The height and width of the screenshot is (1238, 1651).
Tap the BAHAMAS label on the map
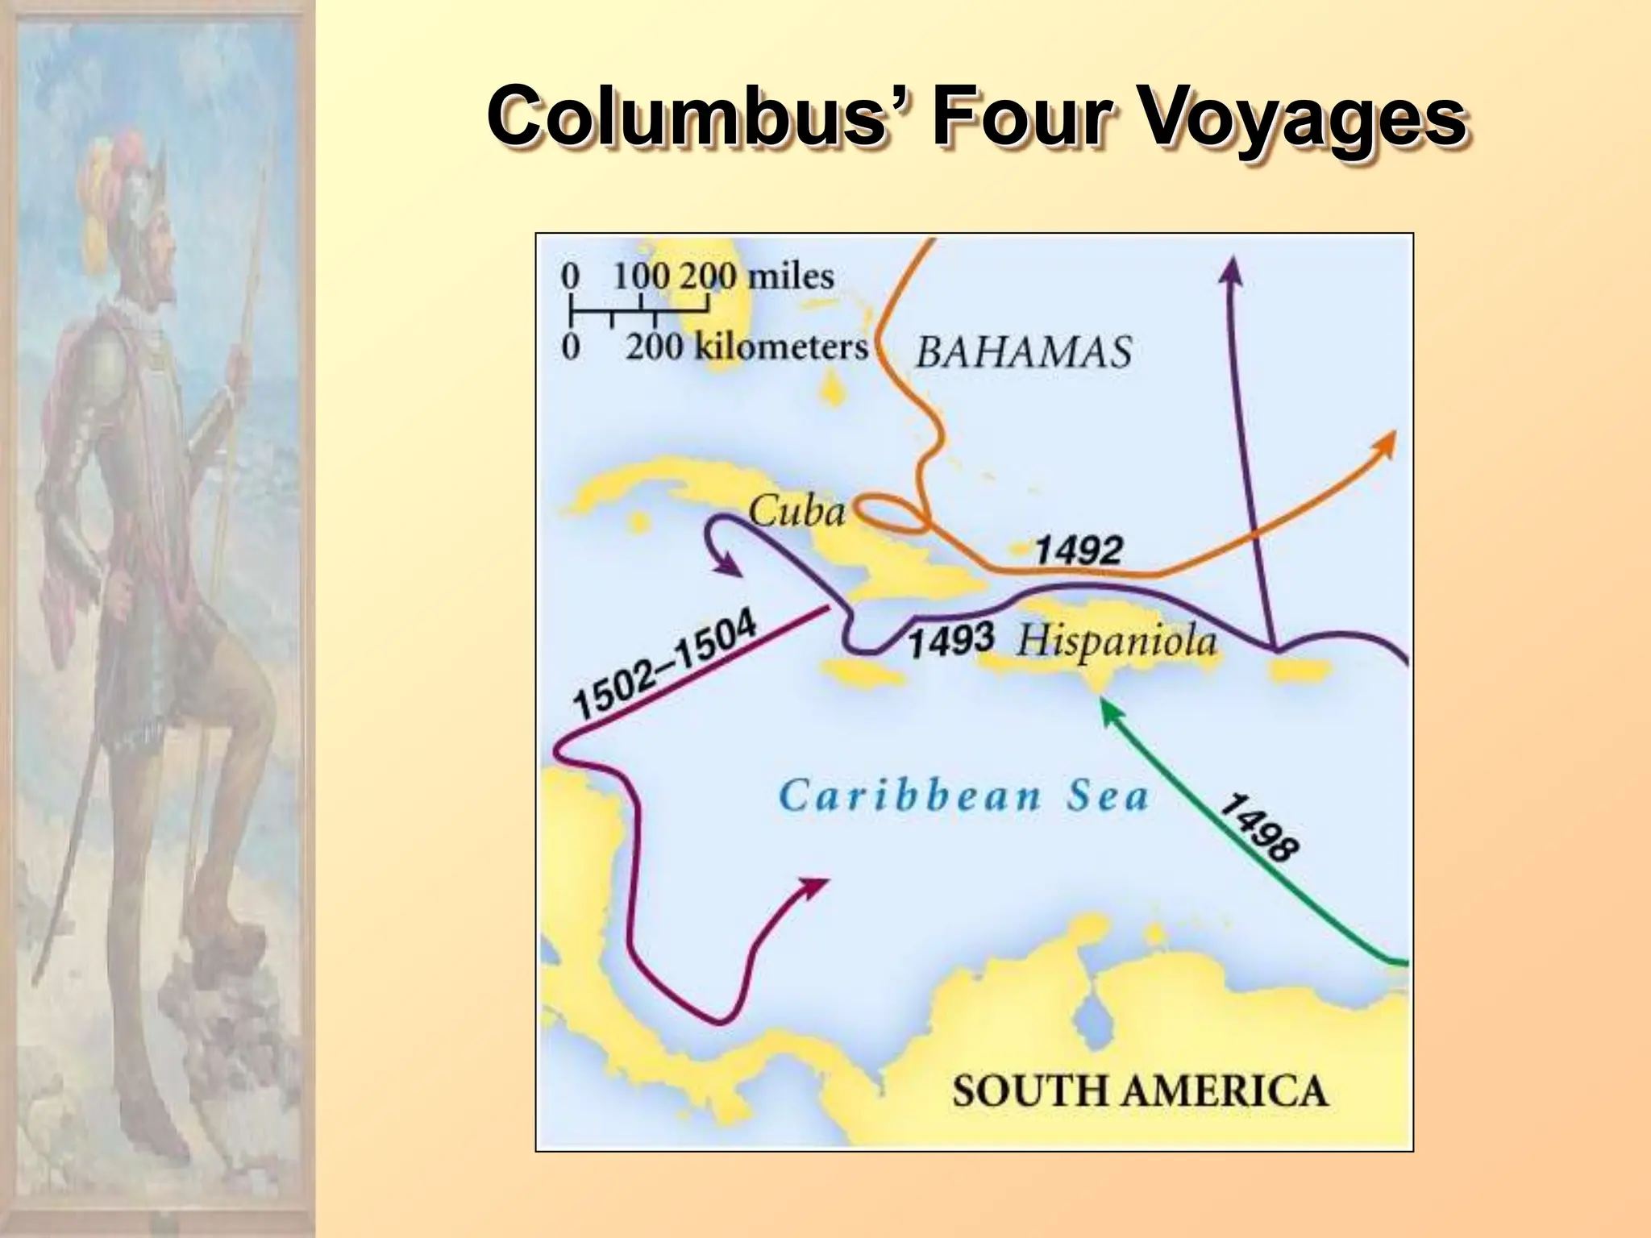(x=1023, y=352)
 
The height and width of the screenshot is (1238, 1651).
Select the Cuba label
(x=796, y=511)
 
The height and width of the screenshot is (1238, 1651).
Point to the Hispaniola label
(x=1117, y=642)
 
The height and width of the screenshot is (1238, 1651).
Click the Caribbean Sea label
(x=964, y=796)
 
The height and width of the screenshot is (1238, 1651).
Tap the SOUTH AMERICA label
(x=1139, y=1091)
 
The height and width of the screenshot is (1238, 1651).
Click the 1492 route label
(x=1079, y=550)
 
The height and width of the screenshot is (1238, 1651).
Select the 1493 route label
(x=950, y=642)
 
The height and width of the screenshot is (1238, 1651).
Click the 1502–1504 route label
(x=664, y=664)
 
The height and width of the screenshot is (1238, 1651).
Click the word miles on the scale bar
(x=790, y=276)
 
